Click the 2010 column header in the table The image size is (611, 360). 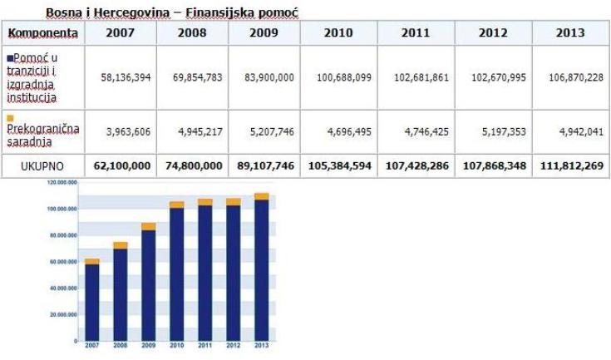[338, 33]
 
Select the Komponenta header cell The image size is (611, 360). [43, 33]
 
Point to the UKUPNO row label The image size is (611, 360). [43, 165]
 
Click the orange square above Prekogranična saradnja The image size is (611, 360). [9, 118]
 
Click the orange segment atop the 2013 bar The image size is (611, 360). [261, 196]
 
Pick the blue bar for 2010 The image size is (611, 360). [176, 274]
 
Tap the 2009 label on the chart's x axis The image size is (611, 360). [148, 345]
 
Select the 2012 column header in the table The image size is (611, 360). [494, 33]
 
